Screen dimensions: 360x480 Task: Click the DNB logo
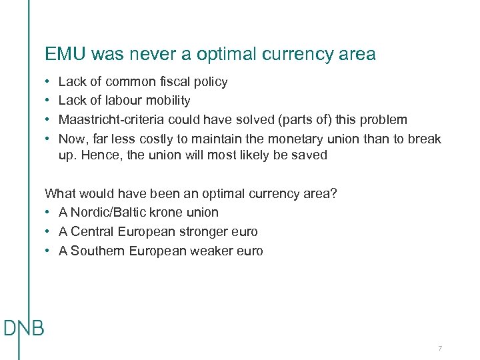tap(24, 328)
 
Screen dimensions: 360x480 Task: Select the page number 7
tap(440, 349)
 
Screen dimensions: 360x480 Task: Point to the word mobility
tap(168, 101)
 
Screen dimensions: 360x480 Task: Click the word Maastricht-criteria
tap(111, 120)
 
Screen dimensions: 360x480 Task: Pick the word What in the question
tap(59, 193)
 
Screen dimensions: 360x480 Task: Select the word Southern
tap(98, 251)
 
